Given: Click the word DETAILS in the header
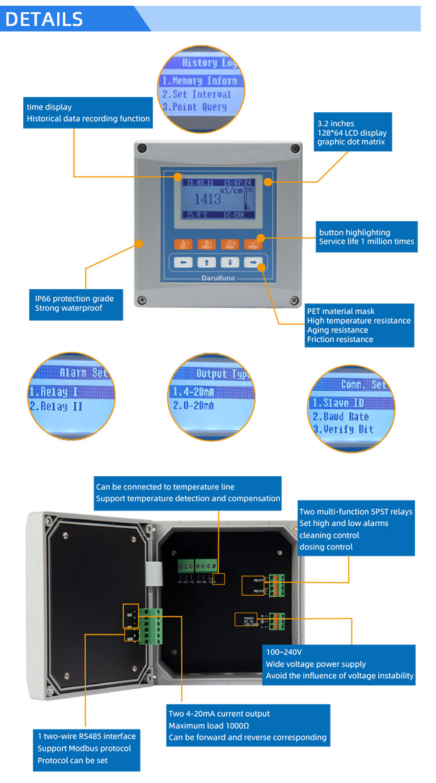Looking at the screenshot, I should pyautogui.click(x=44, y=19).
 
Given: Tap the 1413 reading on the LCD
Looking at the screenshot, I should pyautogui.click(x=208, y=199).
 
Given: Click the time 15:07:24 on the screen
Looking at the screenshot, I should pyautogui.click(x=238, y=182).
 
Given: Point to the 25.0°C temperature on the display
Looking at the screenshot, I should pyautogui.click(x=197, y=215).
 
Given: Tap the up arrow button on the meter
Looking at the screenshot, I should pyautogui.click(x=206, y=263).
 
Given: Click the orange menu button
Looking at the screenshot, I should pyautogui.click(x=183, y=245).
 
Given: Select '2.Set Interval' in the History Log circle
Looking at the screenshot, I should pyautogui.click(x=196, y=94).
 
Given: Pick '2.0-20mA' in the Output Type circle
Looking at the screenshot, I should pyautogui.click(x=193, y=406).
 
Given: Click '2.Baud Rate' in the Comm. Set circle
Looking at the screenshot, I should pyautogui.click(x=340, y=417).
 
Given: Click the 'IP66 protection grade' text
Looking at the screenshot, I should pyautogui.click(x=74, y=299).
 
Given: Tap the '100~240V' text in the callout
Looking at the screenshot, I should pyautogui.click(x=284, y=652).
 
